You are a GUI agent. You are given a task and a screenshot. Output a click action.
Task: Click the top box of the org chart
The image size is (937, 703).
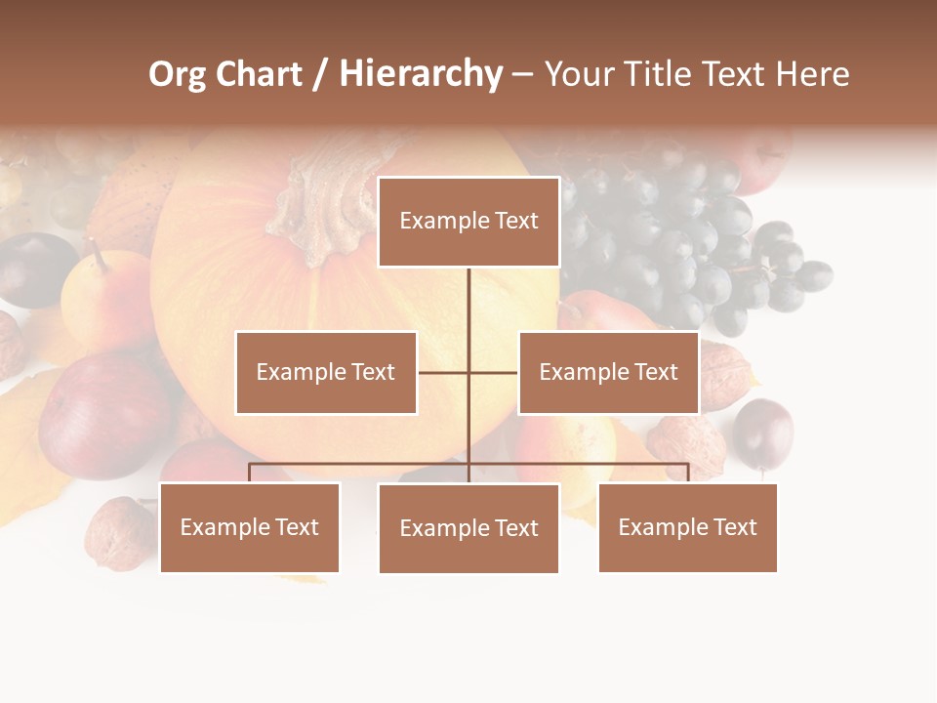tap(468, 222)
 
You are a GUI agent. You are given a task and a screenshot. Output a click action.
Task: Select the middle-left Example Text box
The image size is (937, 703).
tap(326, 373)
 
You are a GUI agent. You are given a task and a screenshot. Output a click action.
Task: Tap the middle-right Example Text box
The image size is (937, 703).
tap(608, 373)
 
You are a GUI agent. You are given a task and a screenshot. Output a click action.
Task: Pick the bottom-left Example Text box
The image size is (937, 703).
tap(250, 527)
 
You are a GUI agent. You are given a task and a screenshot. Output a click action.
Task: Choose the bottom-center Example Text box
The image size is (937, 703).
tap(468, 528)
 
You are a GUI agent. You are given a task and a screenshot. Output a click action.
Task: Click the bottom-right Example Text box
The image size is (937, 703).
tap(687, 527)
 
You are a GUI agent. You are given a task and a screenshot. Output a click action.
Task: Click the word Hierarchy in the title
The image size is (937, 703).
tap(421, 74)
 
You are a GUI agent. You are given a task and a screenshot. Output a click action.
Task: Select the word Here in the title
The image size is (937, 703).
tap(812, 74)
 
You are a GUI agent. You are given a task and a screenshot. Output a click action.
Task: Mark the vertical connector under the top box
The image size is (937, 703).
tap(468, 312)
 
